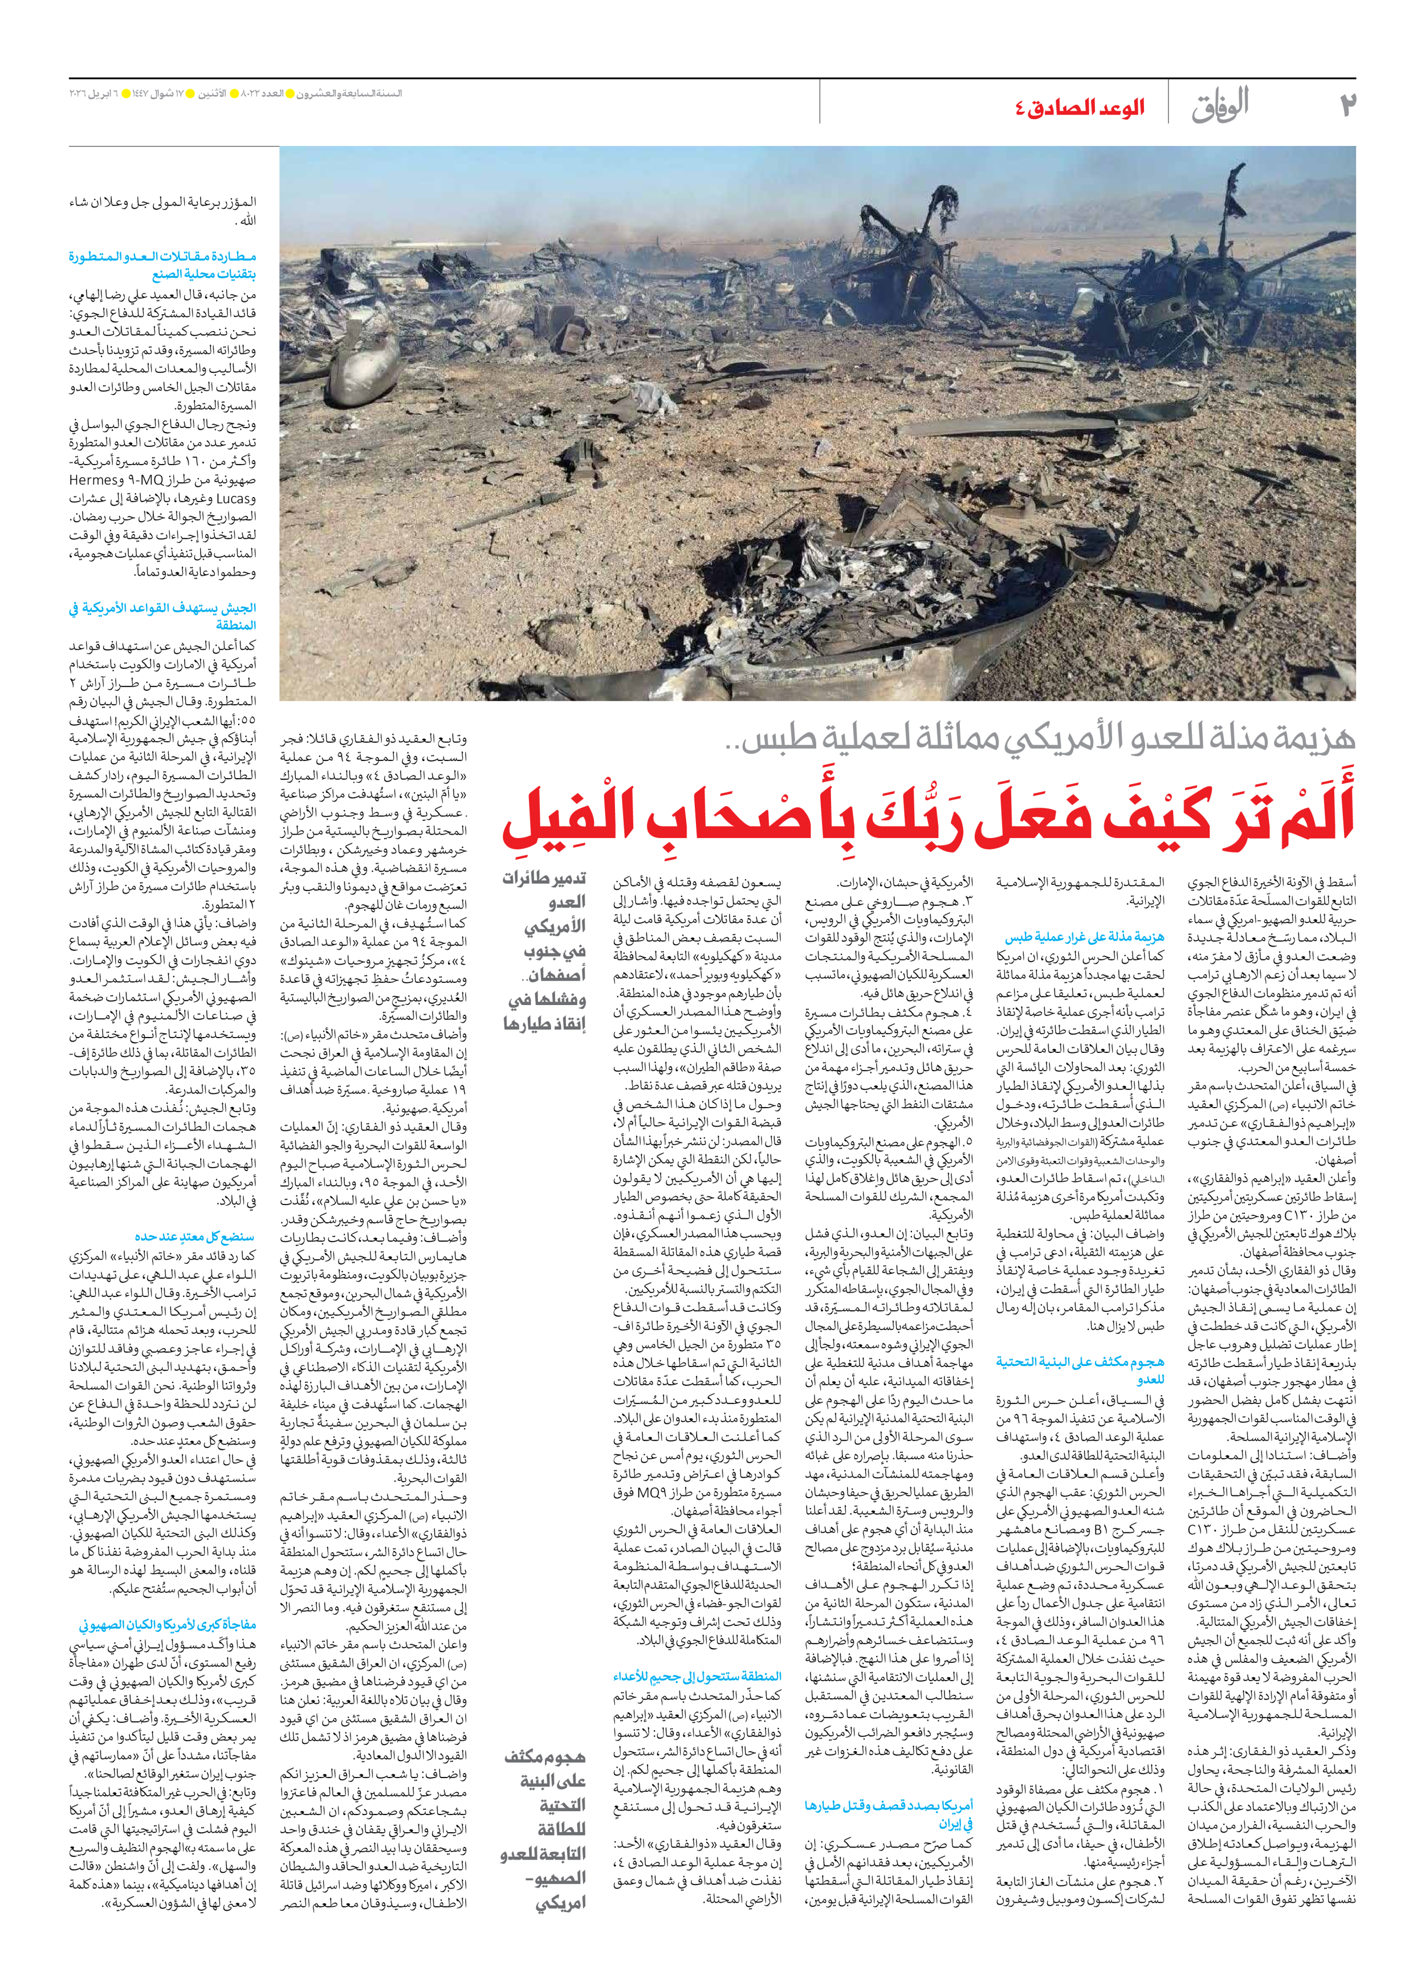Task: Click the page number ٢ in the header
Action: pyautogui.click(x=1346, y=104)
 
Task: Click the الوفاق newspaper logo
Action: pyautogui.click(x=1220, y=104)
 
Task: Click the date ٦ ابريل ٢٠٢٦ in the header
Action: pyautogui.click(x=93, y=93)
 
